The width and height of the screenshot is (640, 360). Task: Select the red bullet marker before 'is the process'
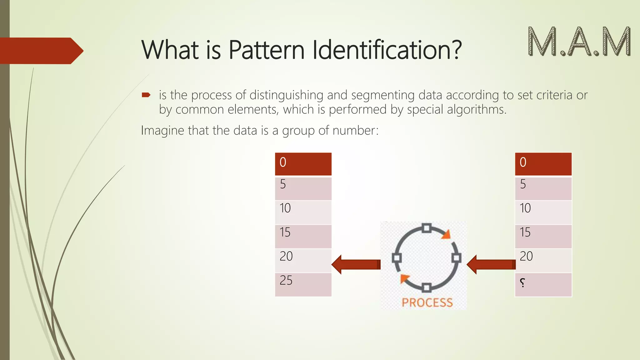[x=146, y=95]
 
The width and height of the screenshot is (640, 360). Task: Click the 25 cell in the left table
[x=303, y=285]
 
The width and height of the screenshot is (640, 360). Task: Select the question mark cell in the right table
[x=543, y=285]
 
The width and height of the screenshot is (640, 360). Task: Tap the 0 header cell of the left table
[x=303, y=164]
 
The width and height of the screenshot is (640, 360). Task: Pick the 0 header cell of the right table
[x=543, y=164]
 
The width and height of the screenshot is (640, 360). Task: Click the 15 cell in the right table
[x=543, y=237]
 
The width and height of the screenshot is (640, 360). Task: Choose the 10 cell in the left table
[x=303, y=212]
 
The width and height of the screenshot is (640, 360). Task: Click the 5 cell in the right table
[x=543, y=188]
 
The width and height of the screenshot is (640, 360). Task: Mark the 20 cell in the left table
[x=303, y=261]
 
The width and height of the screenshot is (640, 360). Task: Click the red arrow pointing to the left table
[x=356, y=264]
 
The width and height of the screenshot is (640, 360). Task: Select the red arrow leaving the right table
[x=491, y=264]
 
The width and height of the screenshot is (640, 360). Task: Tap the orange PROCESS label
[x=427, y=302]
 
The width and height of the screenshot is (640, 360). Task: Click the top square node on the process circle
[x=427, y=228]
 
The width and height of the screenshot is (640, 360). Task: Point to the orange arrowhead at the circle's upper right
[x=447, y=235]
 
